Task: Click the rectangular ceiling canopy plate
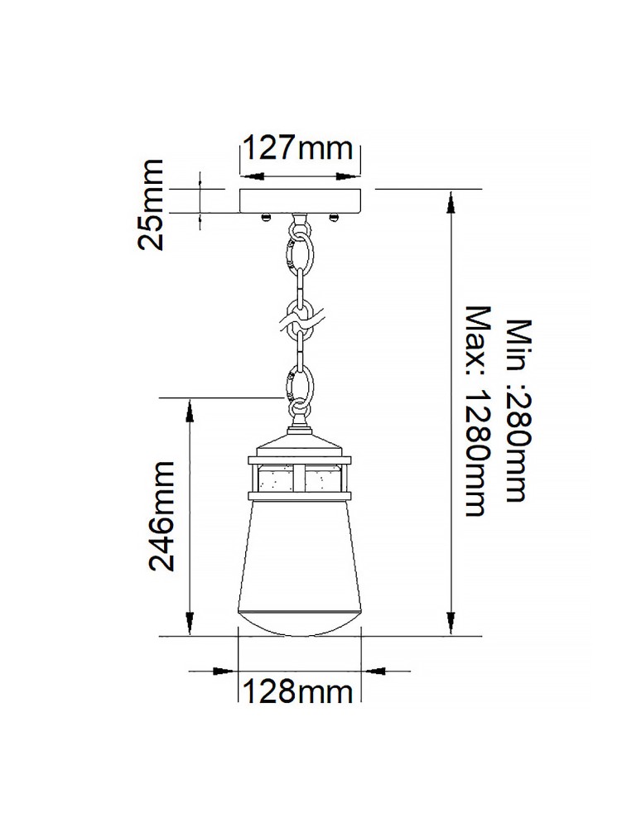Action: coord(301,200)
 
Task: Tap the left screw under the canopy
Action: coord(265,217)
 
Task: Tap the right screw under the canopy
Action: coord(335,217)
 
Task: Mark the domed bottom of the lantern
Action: coord(300,622)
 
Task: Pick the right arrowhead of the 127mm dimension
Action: coord(351,176)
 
